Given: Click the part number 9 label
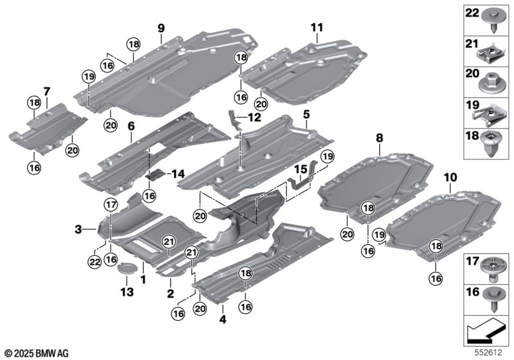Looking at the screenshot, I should coord(161,27).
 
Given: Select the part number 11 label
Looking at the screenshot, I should coord(316,27).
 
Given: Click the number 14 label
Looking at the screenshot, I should coord(176,174).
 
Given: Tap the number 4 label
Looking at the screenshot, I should coord(222,318).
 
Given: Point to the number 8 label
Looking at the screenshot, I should coord(379,137).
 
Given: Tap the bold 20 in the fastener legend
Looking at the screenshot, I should coord(471,75).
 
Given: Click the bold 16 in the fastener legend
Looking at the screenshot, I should coord(471,292).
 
